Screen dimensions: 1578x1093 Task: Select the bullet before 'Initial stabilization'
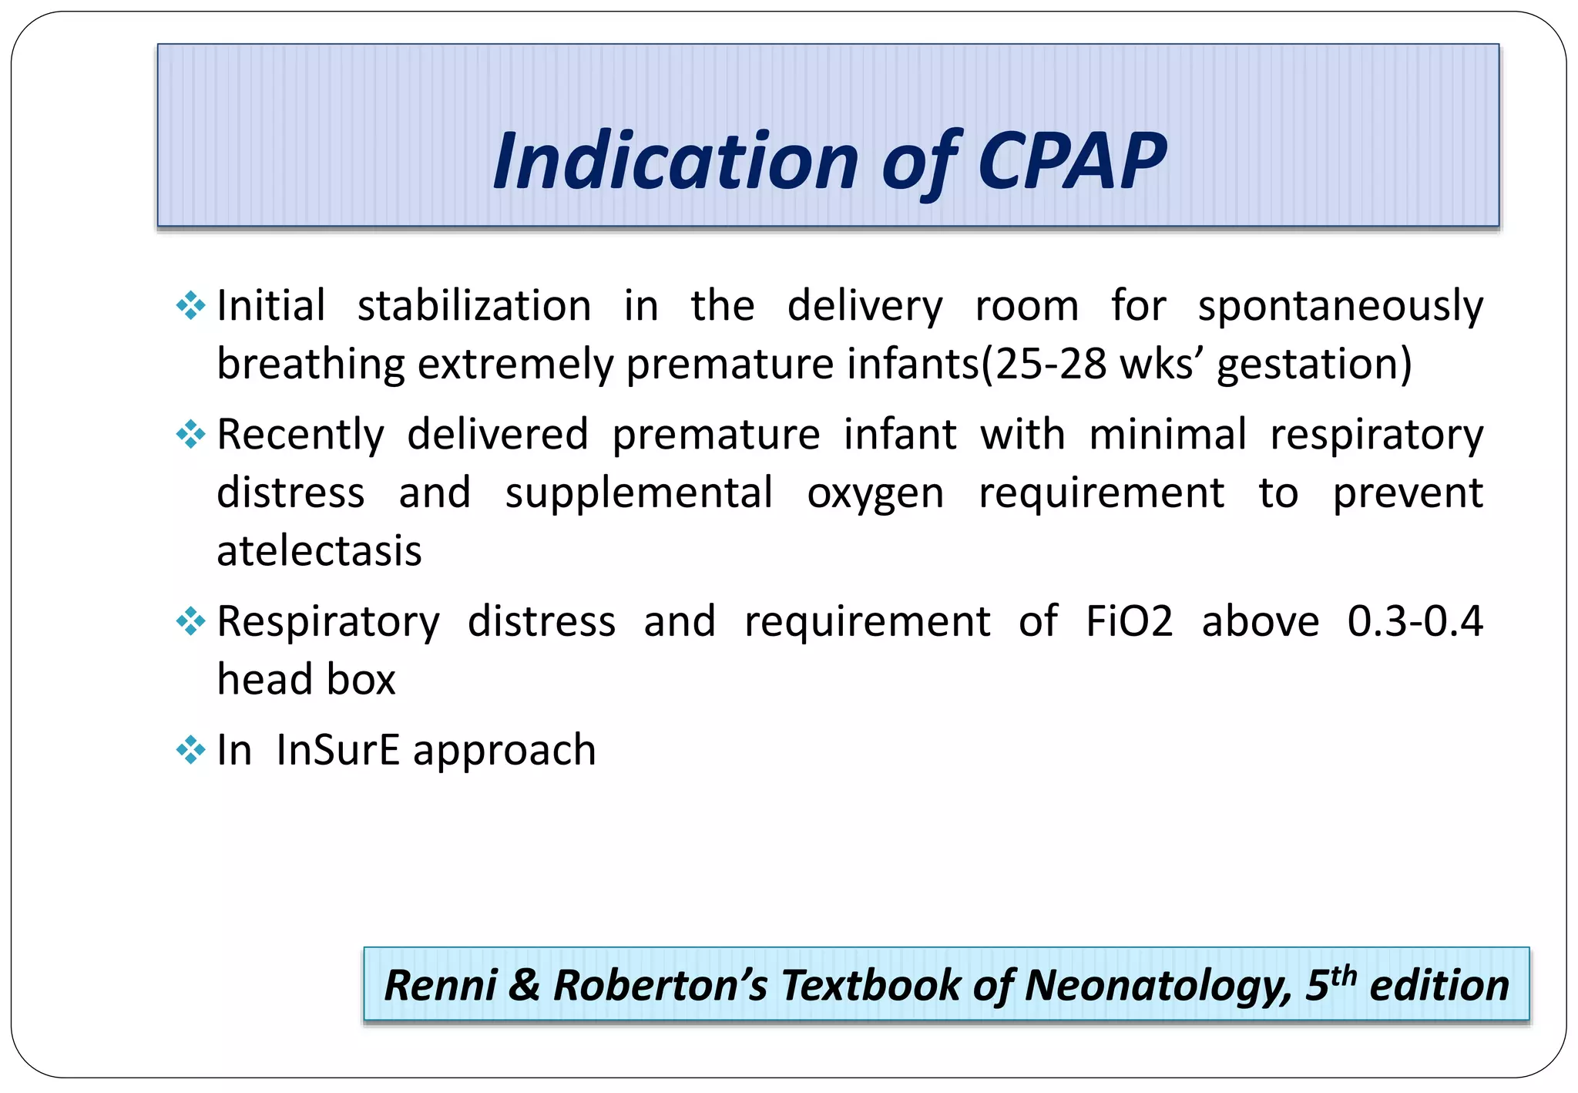(190, 306)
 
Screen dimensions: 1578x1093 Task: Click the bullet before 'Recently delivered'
(190, 435)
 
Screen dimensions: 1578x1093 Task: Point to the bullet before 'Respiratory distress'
(190, 621)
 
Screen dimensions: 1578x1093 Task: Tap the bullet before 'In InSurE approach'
(190, 750)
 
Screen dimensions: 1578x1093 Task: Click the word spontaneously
(1340, 306)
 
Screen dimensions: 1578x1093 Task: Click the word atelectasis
(319, 550)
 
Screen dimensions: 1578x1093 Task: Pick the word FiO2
(1129, 621)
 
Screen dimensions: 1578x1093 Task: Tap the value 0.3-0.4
(1415, 621)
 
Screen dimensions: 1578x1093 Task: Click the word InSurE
(337, 750)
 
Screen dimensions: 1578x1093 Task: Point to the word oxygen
(875, 493)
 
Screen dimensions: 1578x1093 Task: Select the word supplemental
(639, 493)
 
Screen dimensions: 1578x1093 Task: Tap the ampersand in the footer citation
(525, 986)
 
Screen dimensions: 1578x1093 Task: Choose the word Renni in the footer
(440, 986)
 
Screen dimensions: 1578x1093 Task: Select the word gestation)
(1314, 363)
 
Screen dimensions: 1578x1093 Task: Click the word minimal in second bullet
(1167, 435)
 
